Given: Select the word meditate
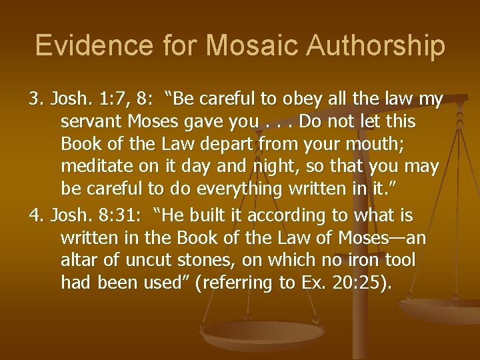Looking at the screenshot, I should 96,165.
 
